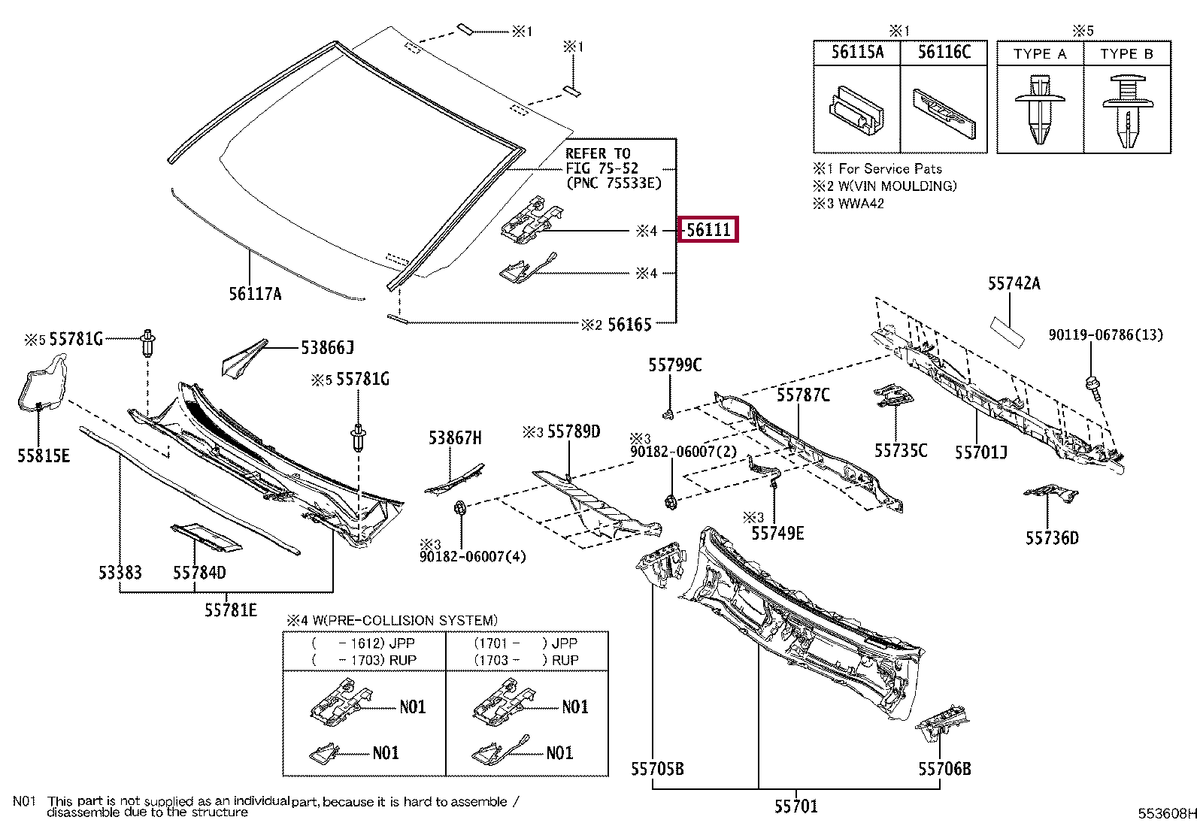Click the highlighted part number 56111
(x=708, y=229)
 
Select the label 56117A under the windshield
(x=255, y=294)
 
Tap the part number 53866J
(x=327, y=347)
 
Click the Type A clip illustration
(x=1039, y=108)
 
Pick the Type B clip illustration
(x=1126, y=110)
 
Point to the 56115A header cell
(x=856, y=53)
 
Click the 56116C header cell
(x=944, y=53)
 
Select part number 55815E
(x=44, y=455)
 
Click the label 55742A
(x=1014, y=283)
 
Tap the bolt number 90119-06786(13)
(x=1105, y=334)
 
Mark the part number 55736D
(x=1051, y=537)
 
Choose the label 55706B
(x=944, y=769)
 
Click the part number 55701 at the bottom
(x=795, y=806)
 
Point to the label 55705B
(x=657, y=769)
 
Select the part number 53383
(x=120, y=573)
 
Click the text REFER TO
(x=598, y=153)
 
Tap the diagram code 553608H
(x=1166, y=813)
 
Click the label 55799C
(x=674, y=365)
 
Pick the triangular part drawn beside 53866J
(x=242, y=359)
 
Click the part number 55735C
(x=900, y=450)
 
